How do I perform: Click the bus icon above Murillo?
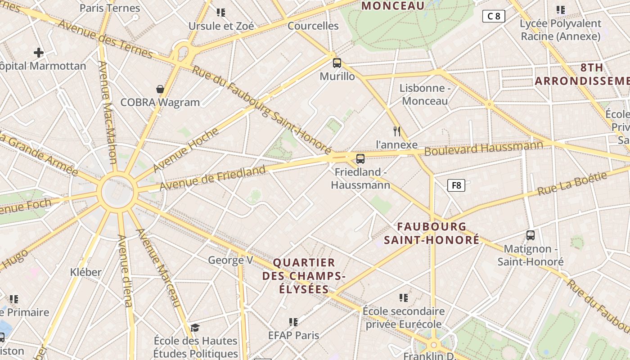pyautogui.click(x=337, y=63)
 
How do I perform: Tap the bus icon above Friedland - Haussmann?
pyautogui.click(x=360, y=158)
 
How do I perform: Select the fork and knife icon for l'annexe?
pyautogui.click(x=396, y=131)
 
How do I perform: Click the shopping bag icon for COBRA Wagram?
pyautogui.click(x=160, y=89)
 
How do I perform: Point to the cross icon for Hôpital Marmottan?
pyautogui.click(x=39, y=53)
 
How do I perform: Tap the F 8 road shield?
pyautogui.click(x=456, y=185)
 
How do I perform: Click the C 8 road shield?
pyautogui.click(x=494, y=17)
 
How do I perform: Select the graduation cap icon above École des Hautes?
pyautogui.click(x=195, y=327)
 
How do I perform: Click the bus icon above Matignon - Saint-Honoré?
pyautogui.click(x=531, y=235)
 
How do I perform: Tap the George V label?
pyautogui.click(x=230, y=260)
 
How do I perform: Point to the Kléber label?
pyautogui.click(x=86, y=272)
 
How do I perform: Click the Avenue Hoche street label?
pyautogui.click(x=186, y=149)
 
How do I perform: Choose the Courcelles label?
pyautogui.click(x=313, y=26)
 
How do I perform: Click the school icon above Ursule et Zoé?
pyautogui.click(x=220, y=12)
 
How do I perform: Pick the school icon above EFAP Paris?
pyautogui.click(x=293, y=322)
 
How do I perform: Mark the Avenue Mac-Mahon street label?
pyautogui.click(x=108, y=112)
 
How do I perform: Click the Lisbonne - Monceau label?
pyautogui.click(x=425, y=94)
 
